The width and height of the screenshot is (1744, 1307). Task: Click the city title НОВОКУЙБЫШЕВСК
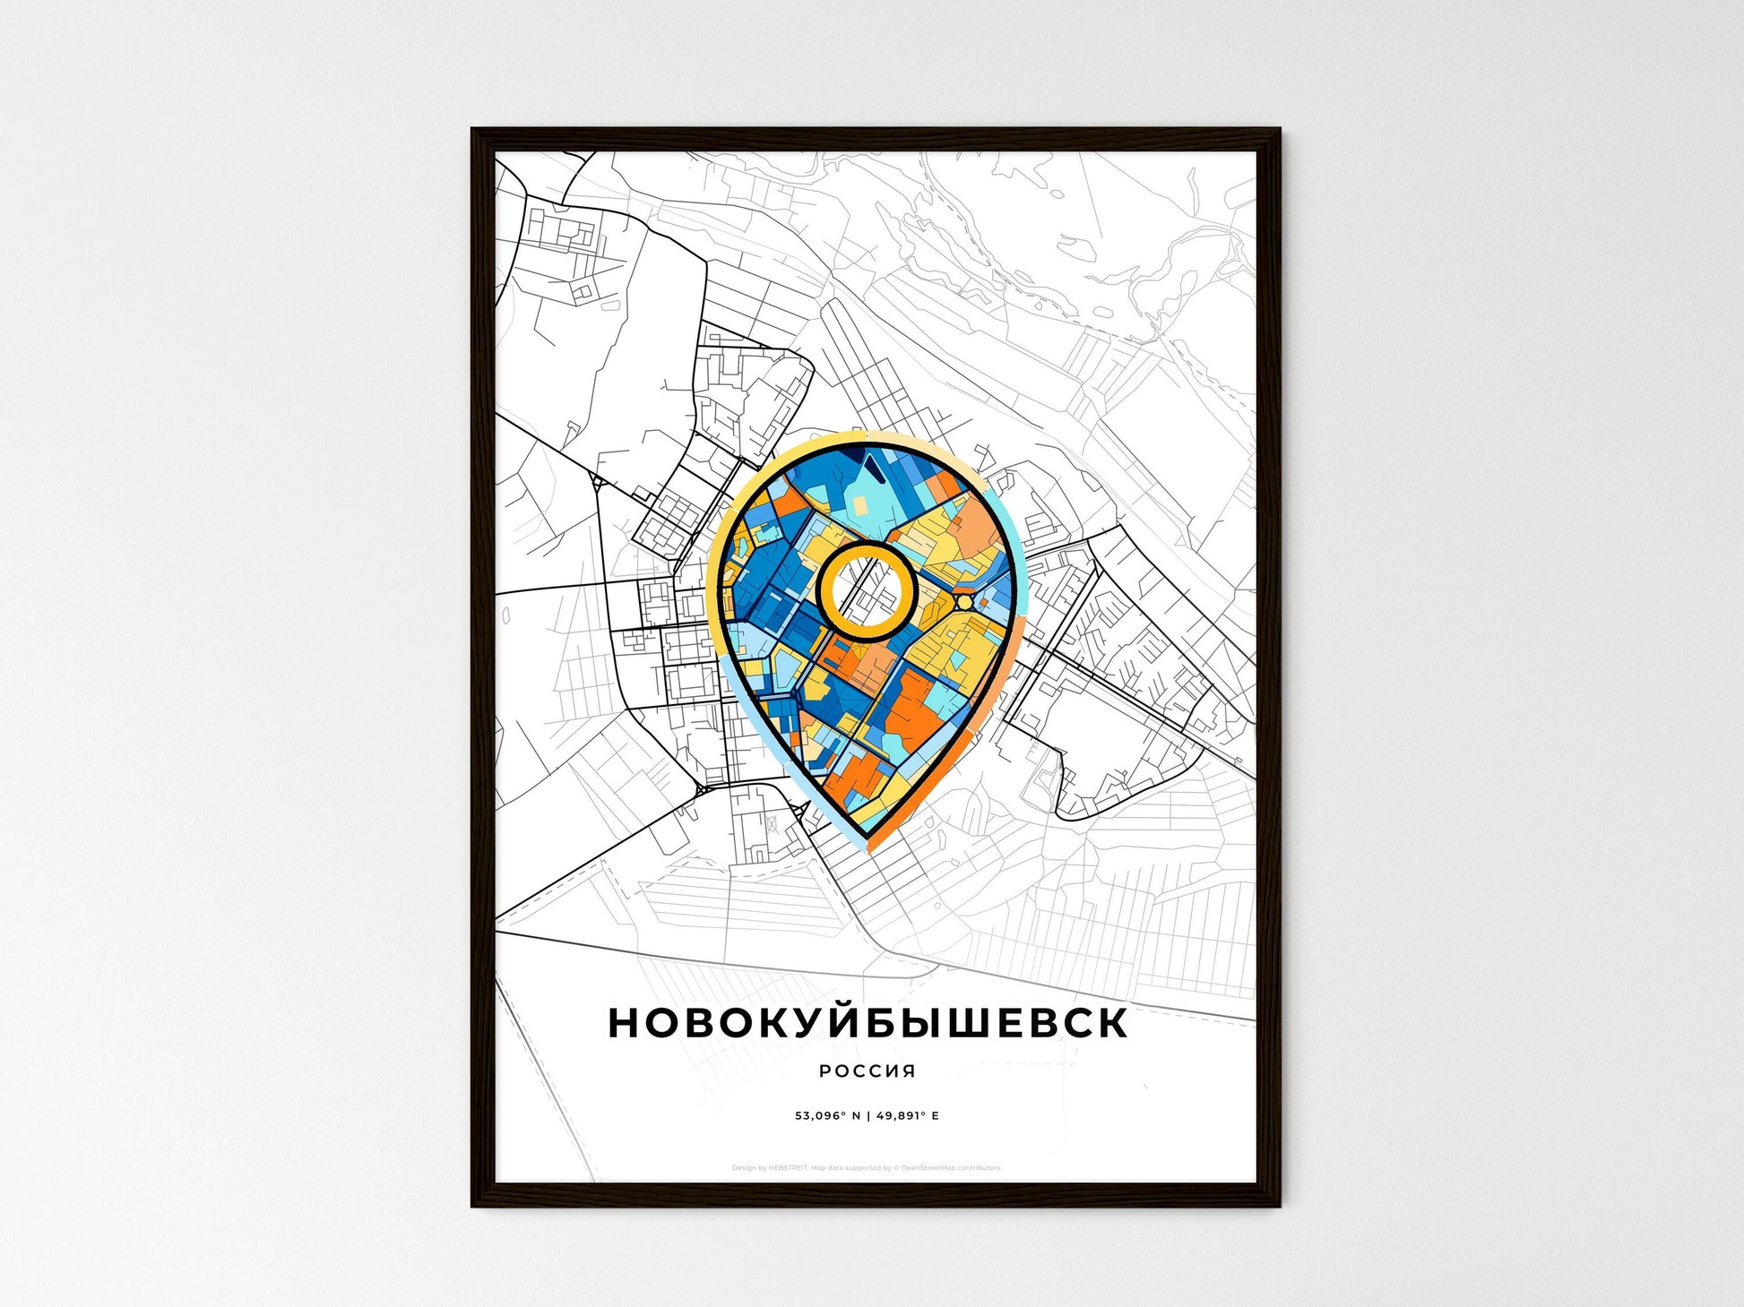coord(868,1022)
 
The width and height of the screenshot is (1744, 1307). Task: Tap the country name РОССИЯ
coord(868,1071)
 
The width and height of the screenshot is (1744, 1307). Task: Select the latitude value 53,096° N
coord(827,1116)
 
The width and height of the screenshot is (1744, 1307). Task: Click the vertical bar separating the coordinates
coord(868,1116)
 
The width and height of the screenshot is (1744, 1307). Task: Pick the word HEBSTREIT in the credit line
coord(788,1168)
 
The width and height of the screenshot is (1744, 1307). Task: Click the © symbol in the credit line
coord(895,1168)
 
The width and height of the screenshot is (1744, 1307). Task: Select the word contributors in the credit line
coord(980,1168)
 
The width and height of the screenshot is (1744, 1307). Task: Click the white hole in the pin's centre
coord(865,591)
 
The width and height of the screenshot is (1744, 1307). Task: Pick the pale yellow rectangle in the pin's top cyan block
coord(860,507)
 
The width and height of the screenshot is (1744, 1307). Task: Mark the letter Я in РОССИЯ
coord(909,1071)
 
